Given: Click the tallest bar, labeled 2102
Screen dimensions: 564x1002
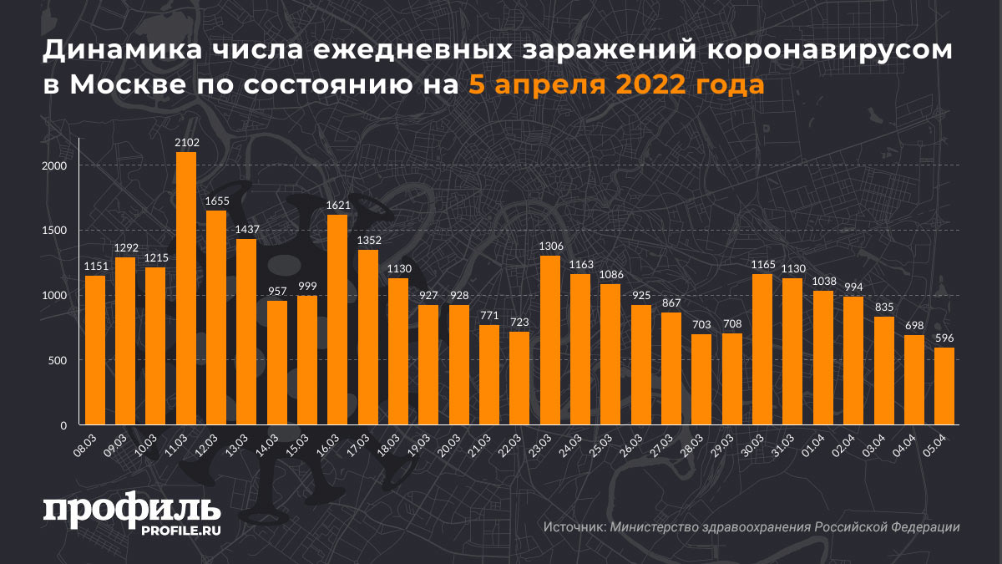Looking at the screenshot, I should (x=186, y=288).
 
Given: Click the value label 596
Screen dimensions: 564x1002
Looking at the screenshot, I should (x=944, y=338).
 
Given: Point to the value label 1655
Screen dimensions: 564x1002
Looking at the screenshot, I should (x=216, y=201).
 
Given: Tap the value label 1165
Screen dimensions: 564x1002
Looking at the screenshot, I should (x=762, y=265).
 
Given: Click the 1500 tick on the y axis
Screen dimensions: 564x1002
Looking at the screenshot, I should (x=57, y=231).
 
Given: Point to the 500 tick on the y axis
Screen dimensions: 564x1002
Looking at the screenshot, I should (x=60, y=361).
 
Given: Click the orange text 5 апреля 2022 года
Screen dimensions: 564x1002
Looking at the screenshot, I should (x=615, y=85).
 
